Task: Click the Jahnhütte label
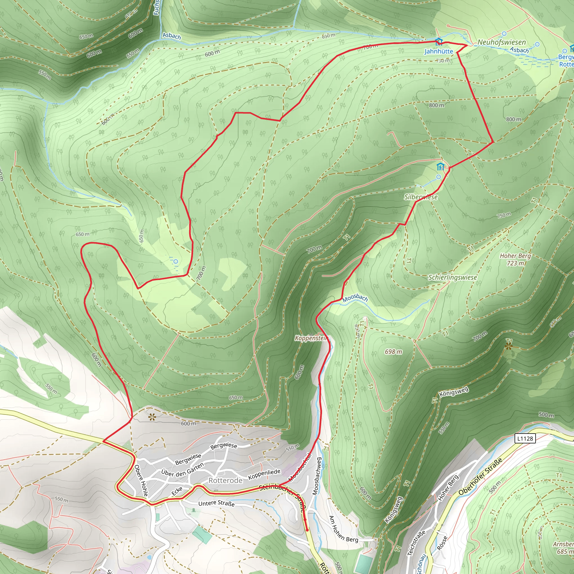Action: click(x=439, y=51)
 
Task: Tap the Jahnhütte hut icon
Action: click(x=439, y=41)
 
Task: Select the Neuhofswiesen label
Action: click(x=501, y=43)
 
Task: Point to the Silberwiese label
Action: click(x=421, y=197)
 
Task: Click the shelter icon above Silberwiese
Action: click(x=440, y=166)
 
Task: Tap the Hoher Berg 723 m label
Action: click(x=515, y=259)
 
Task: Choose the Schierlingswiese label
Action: click(x=452, y=277)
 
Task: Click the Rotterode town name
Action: click(x=226, y=480)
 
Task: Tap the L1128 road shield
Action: click(x=525, y=439)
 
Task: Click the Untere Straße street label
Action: click(x=216, y=503)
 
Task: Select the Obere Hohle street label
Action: click(x=141, y=480)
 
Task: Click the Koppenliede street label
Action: click(x=264, y=474)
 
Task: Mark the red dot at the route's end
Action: click(x=307, y=530)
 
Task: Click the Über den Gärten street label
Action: click(x=182, y=469)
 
